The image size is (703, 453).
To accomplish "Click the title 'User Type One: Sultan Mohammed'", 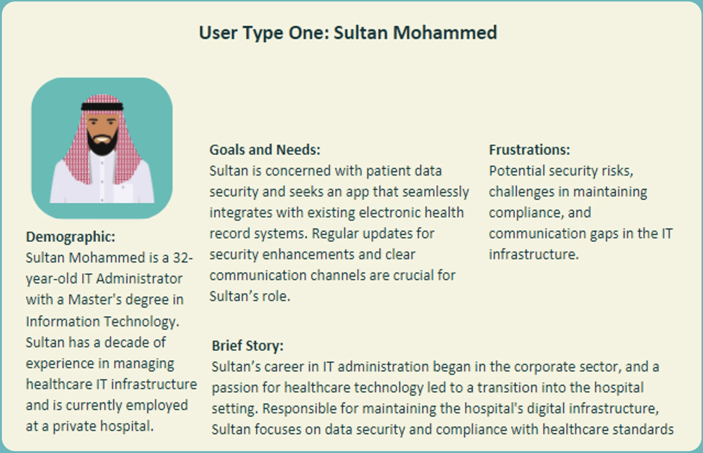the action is (348, 33).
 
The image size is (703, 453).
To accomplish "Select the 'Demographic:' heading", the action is (70, 237).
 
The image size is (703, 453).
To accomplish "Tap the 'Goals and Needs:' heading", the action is (265, 150).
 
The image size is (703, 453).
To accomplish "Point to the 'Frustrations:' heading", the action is (529, 150).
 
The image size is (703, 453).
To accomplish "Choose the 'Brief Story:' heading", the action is (247, 346).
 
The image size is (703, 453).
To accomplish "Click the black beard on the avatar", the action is (102, 143).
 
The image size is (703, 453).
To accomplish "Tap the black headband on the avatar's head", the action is (102, 107).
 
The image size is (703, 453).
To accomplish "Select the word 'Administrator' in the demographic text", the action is (139, 279).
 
